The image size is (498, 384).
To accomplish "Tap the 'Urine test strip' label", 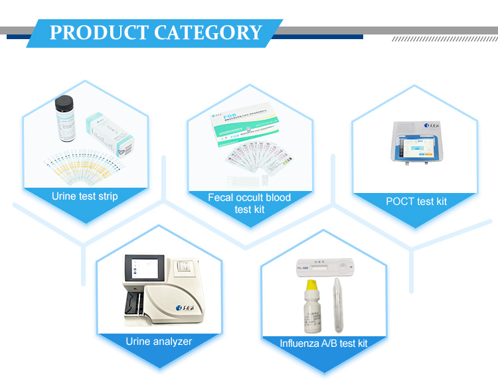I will coord(84,196).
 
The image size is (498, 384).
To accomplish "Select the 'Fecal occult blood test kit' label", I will coord(249,203).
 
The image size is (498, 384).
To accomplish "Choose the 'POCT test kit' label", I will coord(416,201).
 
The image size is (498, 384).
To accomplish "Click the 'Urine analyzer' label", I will coord(159,342).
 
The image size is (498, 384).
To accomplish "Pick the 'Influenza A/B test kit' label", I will coord(323,343).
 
